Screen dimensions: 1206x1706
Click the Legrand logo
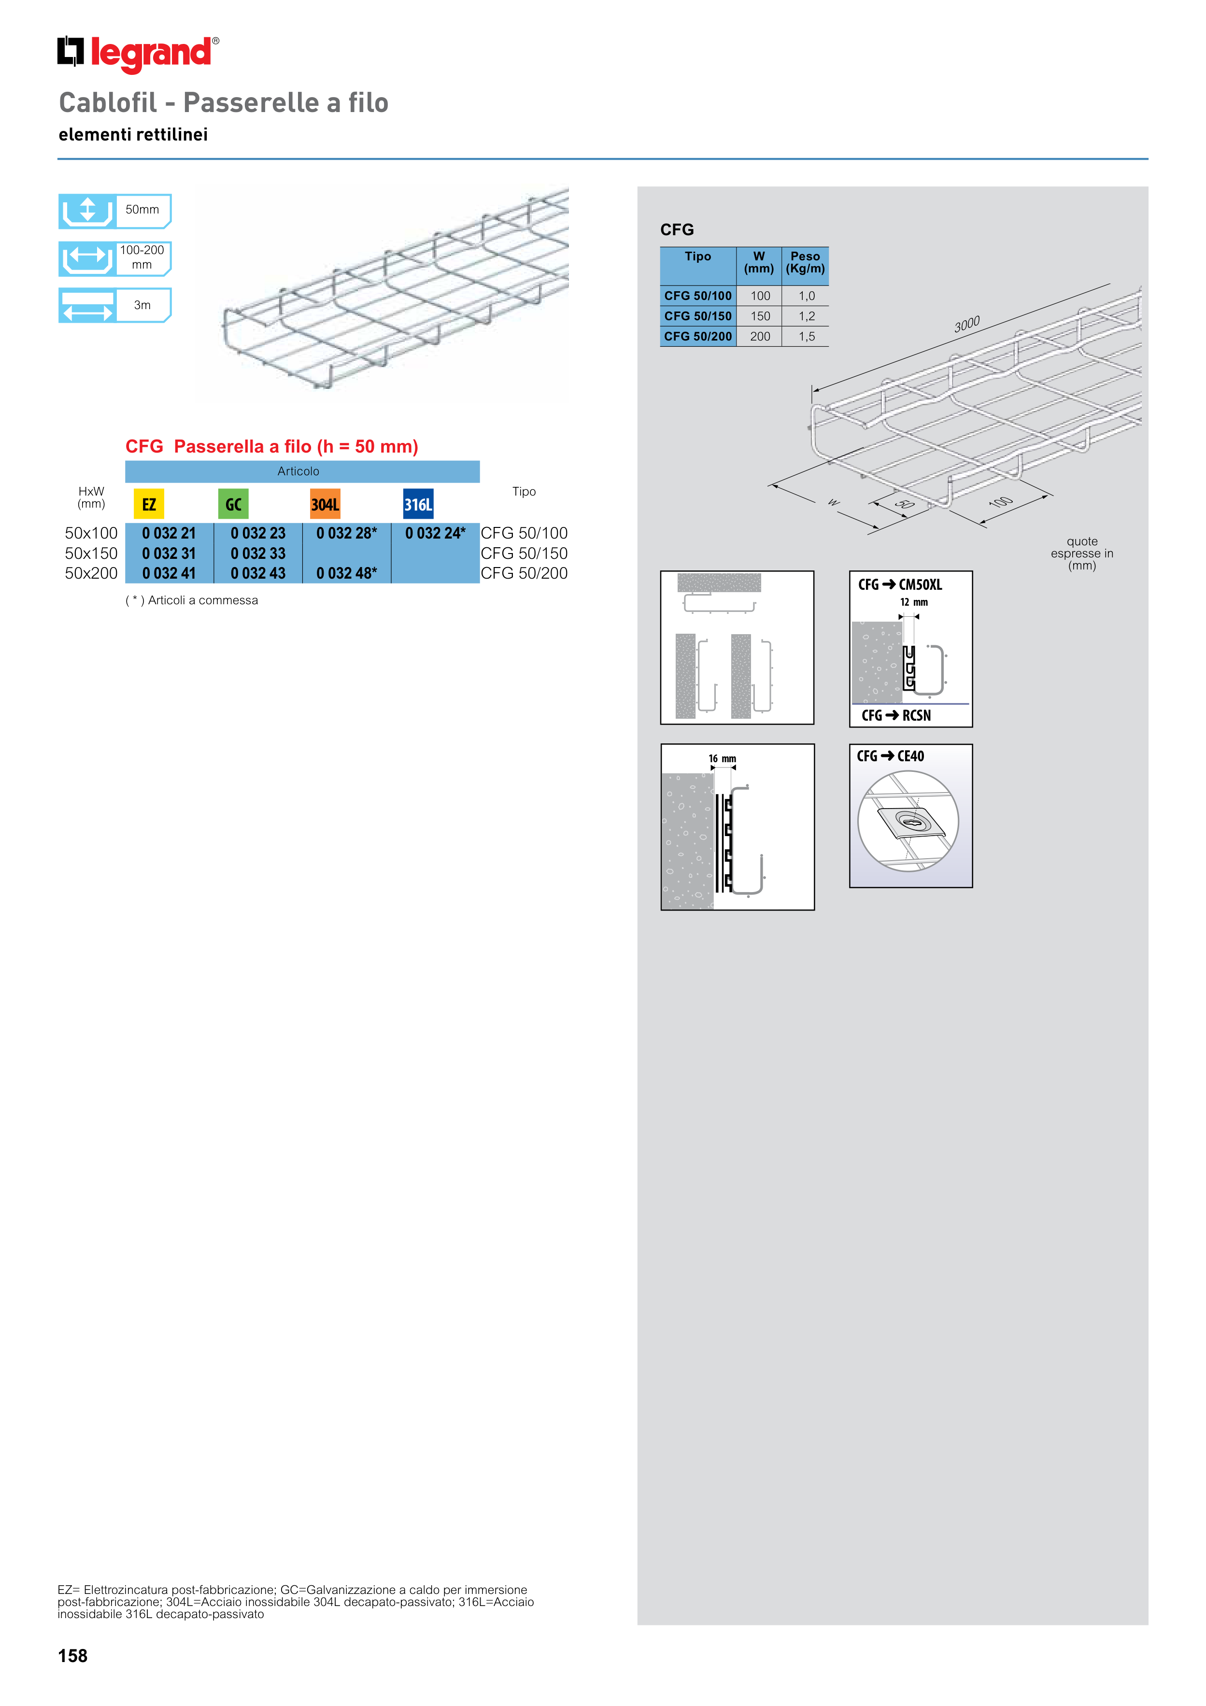click(138, 54)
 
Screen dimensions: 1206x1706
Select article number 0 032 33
click(258, 554)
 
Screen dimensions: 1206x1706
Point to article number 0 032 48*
click(346, 574)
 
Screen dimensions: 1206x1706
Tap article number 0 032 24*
click(436, 534)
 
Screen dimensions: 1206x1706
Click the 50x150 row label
click(91, 554)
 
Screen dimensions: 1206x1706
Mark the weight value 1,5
click(807, 337)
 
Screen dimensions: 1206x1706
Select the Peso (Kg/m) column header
click(806, 262)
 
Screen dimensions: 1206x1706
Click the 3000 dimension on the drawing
click(967, 324)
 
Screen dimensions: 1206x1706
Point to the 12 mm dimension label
click(914, 602)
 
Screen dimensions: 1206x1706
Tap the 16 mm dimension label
click(722, 759)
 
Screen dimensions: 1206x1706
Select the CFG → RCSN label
click(896, 715)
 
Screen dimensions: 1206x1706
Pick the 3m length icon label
click(142, 305)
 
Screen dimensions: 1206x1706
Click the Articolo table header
click(298, 471)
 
